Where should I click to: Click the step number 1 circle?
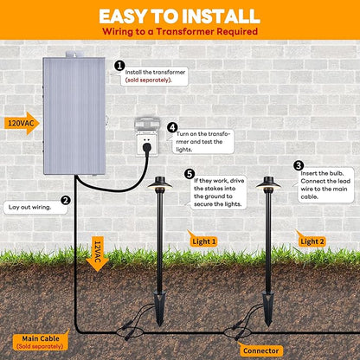tap(119, 66)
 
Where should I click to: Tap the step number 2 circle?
tap(66, 200)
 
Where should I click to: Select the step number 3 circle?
tap(299, 165)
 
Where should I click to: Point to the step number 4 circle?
tap(172, 127)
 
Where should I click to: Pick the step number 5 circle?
tap(190, 174)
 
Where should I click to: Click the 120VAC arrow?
tap(22, 124)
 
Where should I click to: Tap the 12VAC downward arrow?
tap(97, 254)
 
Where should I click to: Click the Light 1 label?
tap(202, 241)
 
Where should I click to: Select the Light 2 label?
tap(312, 241)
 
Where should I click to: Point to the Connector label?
tap(260, 350)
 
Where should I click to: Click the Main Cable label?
tap(41, 341)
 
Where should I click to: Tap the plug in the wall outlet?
tap(146, 148)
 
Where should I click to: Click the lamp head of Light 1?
tap(159, 183)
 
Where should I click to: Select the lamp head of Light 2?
tap(268, 183)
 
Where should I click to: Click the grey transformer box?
tap(74, 115)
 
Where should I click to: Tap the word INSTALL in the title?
tap(221, 16)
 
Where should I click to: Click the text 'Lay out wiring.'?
tap(29, 207)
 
